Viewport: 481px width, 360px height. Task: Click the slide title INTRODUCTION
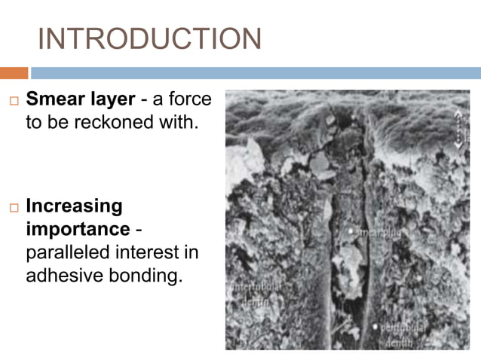[149, 39]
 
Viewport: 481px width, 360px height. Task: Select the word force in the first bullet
[191, 99]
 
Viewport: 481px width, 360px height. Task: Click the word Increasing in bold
[74, 206]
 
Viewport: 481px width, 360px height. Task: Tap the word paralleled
[69, 252]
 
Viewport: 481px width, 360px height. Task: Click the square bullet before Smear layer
[13, 100]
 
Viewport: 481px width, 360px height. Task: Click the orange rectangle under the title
[14, 73]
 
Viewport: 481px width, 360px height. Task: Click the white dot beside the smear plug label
[351, 230]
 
